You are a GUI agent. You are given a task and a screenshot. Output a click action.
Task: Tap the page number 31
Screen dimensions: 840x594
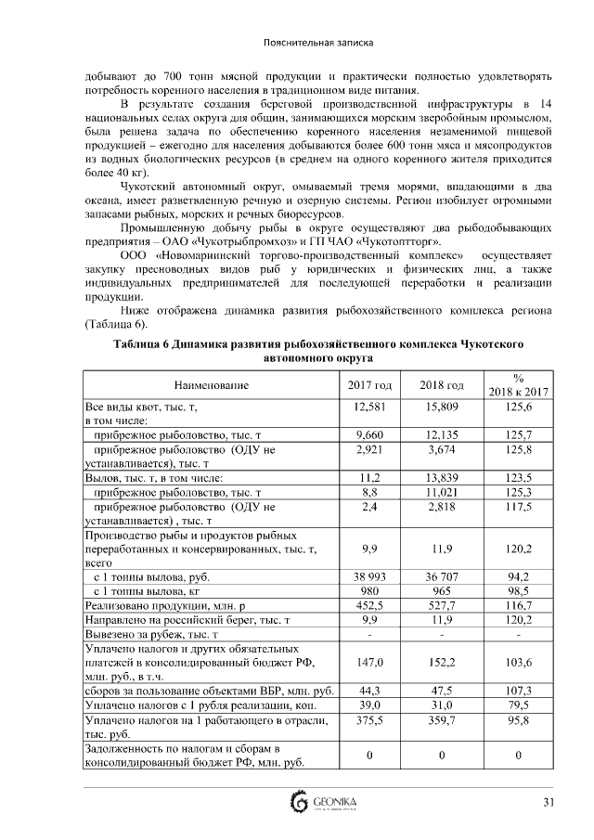point(549,802)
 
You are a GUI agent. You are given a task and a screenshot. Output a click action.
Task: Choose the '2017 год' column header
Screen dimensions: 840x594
point(370,384)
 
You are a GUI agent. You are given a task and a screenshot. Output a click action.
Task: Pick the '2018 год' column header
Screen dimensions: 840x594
point(442,384)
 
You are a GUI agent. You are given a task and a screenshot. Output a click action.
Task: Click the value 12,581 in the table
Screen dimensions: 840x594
point(370,407)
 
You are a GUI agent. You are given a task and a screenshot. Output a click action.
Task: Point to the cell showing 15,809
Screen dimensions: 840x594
point(442,407)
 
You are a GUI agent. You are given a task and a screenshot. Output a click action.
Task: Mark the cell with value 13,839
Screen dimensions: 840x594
point(442,477)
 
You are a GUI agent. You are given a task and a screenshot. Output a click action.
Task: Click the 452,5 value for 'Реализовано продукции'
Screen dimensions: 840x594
point(370,603)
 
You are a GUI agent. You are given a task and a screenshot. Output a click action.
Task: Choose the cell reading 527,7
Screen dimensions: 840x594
point(442,603)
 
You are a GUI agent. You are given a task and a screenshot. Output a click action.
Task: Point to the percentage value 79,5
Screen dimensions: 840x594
point(518,704)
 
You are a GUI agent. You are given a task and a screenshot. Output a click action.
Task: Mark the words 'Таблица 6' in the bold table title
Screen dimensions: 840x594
point(145,343)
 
